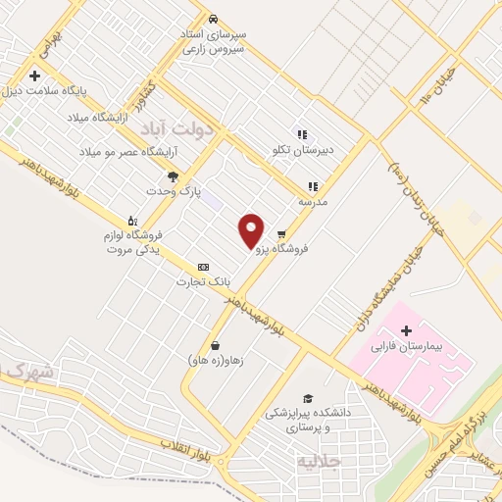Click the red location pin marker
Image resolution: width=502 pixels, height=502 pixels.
[x=252, y=230]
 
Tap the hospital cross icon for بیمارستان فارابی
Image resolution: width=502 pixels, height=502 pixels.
[x=406, y=330]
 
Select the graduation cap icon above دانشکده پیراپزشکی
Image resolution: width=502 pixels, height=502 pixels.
[x=308, y=399]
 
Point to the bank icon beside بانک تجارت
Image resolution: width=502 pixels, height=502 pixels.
[x=203, y=267]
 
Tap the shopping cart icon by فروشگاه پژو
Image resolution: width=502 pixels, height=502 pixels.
[x=281, y=234]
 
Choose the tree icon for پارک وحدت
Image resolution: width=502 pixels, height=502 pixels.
[x=174, y=176]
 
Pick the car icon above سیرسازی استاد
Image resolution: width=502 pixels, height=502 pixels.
[x=214, y=20]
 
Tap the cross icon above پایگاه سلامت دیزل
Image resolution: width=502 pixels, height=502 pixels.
[x=34, y=75]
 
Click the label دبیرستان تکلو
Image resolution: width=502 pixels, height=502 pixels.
[x=303, y=151]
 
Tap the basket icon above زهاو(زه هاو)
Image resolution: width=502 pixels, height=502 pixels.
[x=215, y=345]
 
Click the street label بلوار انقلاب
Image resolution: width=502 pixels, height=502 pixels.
[x=185, y=449]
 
